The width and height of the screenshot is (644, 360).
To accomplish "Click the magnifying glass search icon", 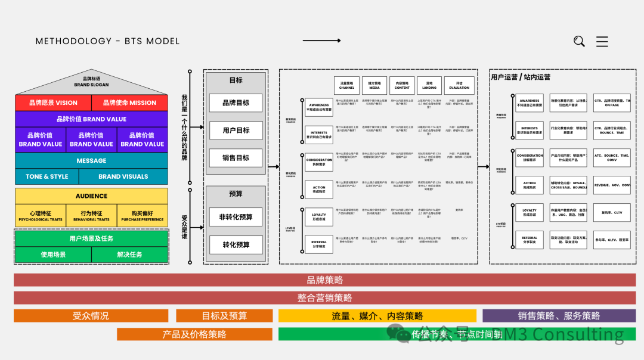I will tap(579, 41).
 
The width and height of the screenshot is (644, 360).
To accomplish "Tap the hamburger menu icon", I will tap(602, 41).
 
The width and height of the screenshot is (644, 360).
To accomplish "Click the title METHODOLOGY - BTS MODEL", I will tap(107, 41).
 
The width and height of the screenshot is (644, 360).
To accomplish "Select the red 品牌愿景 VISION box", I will tap(53, 103).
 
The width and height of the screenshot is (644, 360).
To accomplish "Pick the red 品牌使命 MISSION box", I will tap(129, 103).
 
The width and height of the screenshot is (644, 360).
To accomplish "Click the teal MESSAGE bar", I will tap(91, 160).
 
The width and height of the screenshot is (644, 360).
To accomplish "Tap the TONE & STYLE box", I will tap(47, 176).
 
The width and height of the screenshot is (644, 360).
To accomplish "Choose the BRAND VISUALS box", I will tap(123, 176).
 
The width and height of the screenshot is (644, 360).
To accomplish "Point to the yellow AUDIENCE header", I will tap(91, 195).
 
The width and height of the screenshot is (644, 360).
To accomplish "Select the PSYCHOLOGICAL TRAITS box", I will tap(41, 216).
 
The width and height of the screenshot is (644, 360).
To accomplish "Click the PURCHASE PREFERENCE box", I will tap(142, 216).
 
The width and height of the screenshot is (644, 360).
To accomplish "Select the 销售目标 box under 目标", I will tap(236, 157).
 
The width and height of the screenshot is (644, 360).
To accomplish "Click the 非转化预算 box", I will tap(236, 217).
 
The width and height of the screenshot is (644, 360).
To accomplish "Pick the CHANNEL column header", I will tap(346, 85).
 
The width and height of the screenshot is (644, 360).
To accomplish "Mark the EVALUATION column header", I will tap(459, 85).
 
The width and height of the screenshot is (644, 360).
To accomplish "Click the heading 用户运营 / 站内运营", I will tap(521, 77).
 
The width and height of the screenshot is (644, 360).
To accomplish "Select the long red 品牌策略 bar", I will tap(324, 280).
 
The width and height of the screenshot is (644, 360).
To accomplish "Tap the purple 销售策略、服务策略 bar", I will tap(559, 316).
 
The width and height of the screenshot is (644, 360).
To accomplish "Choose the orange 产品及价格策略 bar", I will tap(194, 334).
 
